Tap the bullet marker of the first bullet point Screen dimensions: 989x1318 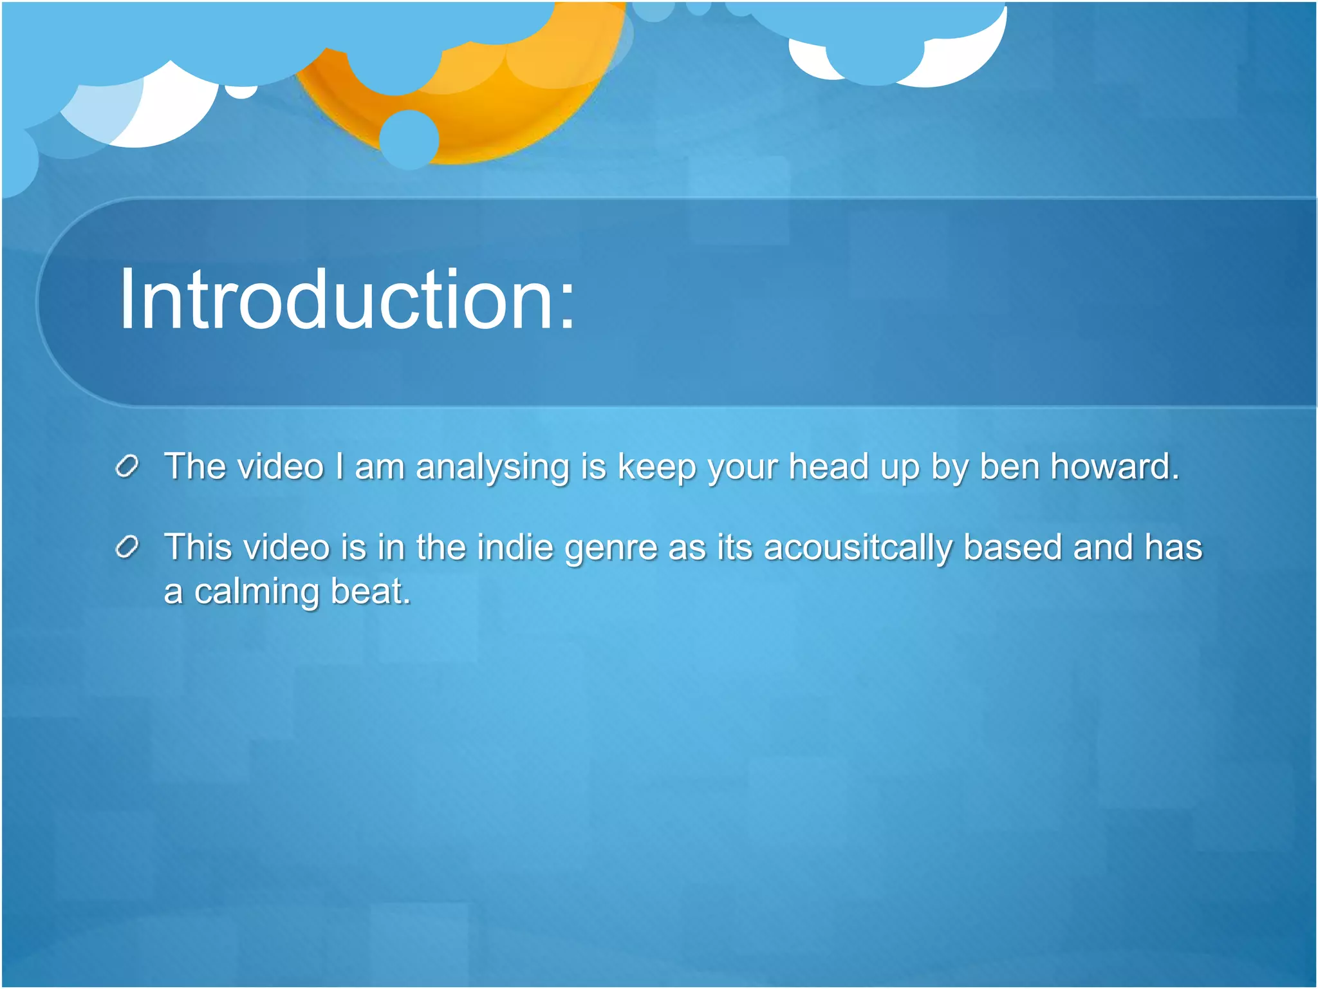127,467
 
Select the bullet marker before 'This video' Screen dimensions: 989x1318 127,548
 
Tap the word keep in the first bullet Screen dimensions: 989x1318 656,467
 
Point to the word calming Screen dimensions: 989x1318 256,592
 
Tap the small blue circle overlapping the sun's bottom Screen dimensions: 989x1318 409,139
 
